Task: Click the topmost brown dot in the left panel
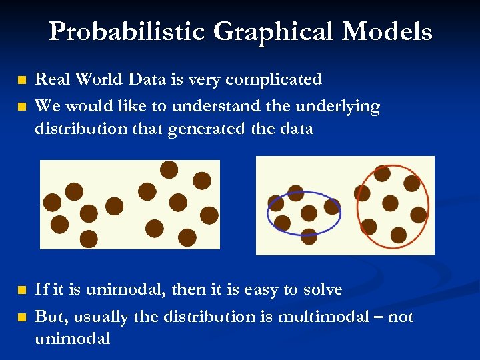tap(169, 169)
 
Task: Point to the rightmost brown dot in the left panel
tap(209, 215)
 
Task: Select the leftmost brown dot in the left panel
tap(51, 202)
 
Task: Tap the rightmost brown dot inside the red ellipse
tap(419, 214)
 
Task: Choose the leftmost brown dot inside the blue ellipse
tap(275, 203)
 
